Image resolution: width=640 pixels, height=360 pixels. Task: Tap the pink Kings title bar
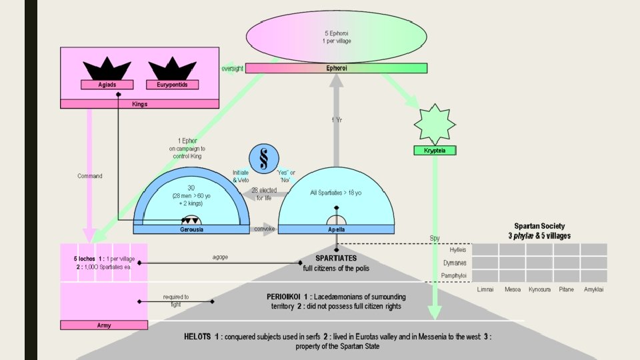(140, 104)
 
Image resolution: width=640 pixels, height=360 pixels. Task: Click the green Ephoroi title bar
(336, 68)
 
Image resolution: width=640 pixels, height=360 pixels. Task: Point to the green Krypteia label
(435, 151)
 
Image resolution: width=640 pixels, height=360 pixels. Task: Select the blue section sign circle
(264, 161)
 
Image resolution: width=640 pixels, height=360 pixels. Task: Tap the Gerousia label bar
(191, 229)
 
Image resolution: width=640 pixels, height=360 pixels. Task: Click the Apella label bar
(336, 229)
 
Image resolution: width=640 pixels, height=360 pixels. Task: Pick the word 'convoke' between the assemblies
(264, 229)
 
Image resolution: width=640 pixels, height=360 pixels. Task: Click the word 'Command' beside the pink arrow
(89, 176)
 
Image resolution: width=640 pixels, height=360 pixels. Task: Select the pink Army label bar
(103, 325)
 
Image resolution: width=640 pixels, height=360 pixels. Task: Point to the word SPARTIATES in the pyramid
(336, 258)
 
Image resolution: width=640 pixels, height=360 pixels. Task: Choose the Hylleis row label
(457, 249)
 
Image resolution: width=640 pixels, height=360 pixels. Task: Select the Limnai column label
(485, 290)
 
